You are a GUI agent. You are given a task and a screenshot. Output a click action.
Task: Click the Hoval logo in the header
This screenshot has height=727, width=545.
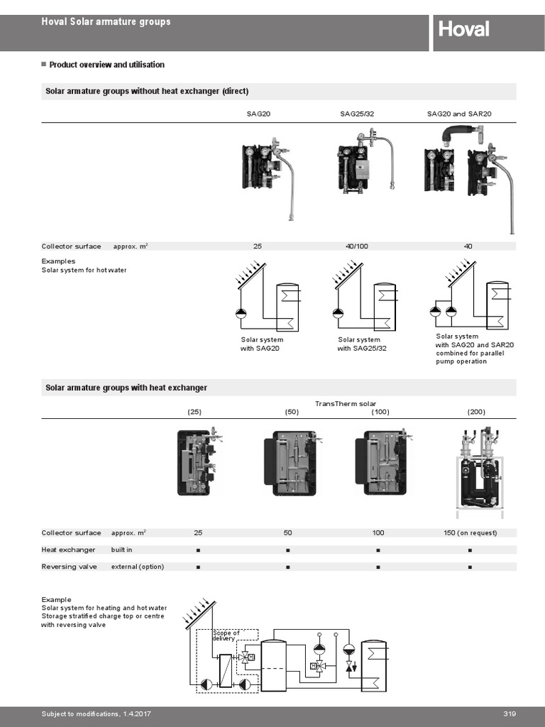[x=463, y=30]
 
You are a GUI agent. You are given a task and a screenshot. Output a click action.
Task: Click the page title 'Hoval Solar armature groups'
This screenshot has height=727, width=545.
[x=106, y=22]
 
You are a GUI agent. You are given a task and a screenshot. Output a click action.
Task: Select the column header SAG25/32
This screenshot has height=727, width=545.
[x=356, y=114]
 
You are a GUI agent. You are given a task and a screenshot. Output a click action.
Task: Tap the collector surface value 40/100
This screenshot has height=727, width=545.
[x=356, y=246]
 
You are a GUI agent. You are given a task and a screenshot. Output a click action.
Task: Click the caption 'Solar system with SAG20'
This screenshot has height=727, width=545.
[x=262, y=344]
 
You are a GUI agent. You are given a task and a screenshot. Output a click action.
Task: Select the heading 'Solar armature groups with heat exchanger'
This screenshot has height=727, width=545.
[x=126, y=388]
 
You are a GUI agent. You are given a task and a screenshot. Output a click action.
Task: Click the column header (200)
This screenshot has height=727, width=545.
[x=476, y=412]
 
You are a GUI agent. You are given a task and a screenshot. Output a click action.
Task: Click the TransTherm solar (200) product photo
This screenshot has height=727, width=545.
[x=477, y=469]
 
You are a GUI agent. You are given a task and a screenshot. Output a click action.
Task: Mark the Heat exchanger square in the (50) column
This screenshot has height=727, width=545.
[x=288, y=550]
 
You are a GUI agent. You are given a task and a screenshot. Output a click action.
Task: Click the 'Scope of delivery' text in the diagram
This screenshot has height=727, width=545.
[x=226, y=635]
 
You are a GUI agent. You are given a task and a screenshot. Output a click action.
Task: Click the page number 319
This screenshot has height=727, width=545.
[x=509, y=714]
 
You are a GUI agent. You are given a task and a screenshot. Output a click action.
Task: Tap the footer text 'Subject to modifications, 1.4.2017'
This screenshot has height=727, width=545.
[x=97, y=714]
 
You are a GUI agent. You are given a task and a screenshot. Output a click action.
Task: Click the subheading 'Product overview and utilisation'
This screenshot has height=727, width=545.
[x=106, y=65]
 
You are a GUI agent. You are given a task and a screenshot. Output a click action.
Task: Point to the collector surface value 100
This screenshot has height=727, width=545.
[x=378, y=532]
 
